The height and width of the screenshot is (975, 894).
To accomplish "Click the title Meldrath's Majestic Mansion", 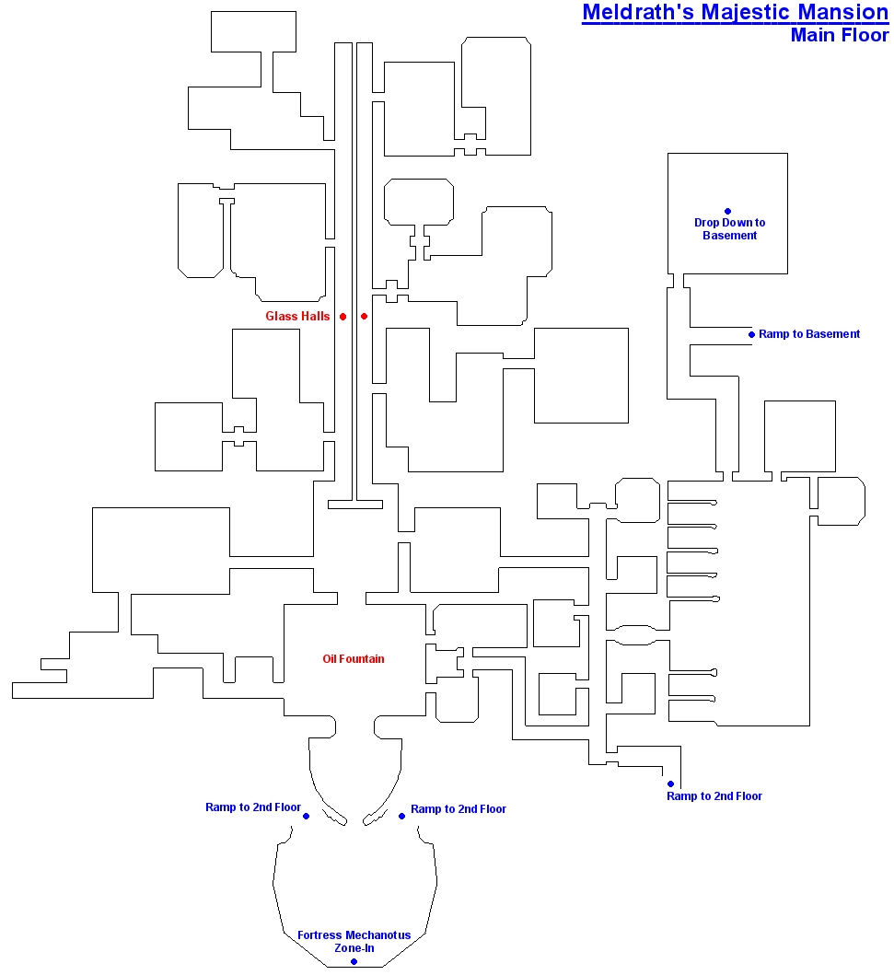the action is pyautogui.click(x=736, y=13).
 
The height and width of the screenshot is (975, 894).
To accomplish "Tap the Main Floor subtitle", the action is pyautogui.click(x=840, y=35).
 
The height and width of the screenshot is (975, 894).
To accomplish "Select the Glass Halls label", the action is pyautogui.click(x=297, y=316).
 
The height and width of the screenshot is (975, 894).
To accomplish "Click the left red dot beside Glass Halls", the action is pyautogui.click(x=343, y=317).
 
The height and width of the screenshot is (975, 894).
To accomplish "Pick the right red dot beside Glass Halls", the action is pyautogui.click(x=365, y=317).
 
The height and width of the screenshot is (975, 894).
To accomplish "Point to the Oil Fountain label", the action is pyautogui.click(x=354, y=659).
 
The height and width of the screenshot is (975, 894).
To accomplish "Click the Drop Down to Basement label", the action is pyautogui.click(x=729, y=229).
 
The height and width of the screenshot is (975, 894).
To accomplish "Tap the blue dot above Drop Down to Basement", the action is pyautogui.click(x=728, y=212).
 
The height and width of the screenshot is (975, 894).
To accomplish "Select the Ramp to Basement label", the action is pyautogui.click(x=808, y=334).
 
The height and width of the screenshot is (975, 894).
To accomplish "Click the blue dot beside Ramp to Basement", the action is pyautogui.click(x=751, y=334).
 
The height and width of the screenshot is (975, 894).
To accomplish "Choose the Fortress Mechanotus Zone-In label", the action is pyautogui.click(x=354, y=942).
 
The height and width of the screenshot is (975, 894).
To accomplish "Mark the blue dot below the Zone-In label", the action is pyautogui.click(x=354, y=961).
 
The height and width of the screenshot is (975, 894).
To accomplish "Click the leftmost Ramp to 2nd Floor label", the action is pyautogui.click(x=253, y=807).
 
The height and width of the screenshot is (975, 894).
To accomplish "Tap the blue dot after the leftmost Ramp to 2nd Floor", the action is pyautogui.click(x=306, y=816).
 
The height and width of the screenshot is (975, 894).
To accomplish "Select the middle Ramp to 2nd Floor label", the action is pyautogui.click(x=459, y=809).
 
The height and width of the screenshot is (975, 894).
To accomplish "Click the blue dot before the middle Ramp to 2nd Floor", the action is pyautogui.click(x=401, y=816).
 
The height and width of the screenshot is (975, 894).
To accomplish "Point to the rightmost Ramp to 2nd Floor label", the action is pyautogui.click(x=714, y=795).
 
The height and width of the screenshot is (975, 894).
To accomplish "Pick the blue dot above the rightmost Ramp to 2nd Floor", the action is pyautogui.click(x=671, y=784).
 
